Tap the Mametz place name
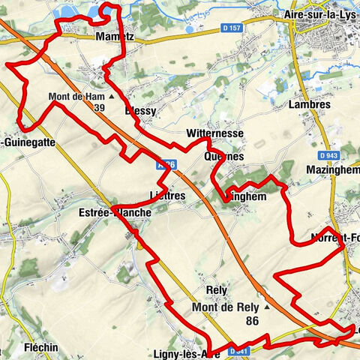click(x=115, y=37)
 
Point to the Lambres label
click(x=309, y=105)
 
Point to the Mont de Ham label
click(x=76, y=97)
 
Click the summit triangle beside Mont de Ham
click(x=112, y=97)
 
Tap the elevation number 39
click(x=100, y=108)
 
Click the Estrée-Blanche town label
click(x=120, y=212)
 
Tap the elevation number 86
click(x=253, y=320)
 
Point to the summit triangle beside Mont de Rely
click(x=266, y=306)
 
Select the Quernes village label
click(x=223, y=157)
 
